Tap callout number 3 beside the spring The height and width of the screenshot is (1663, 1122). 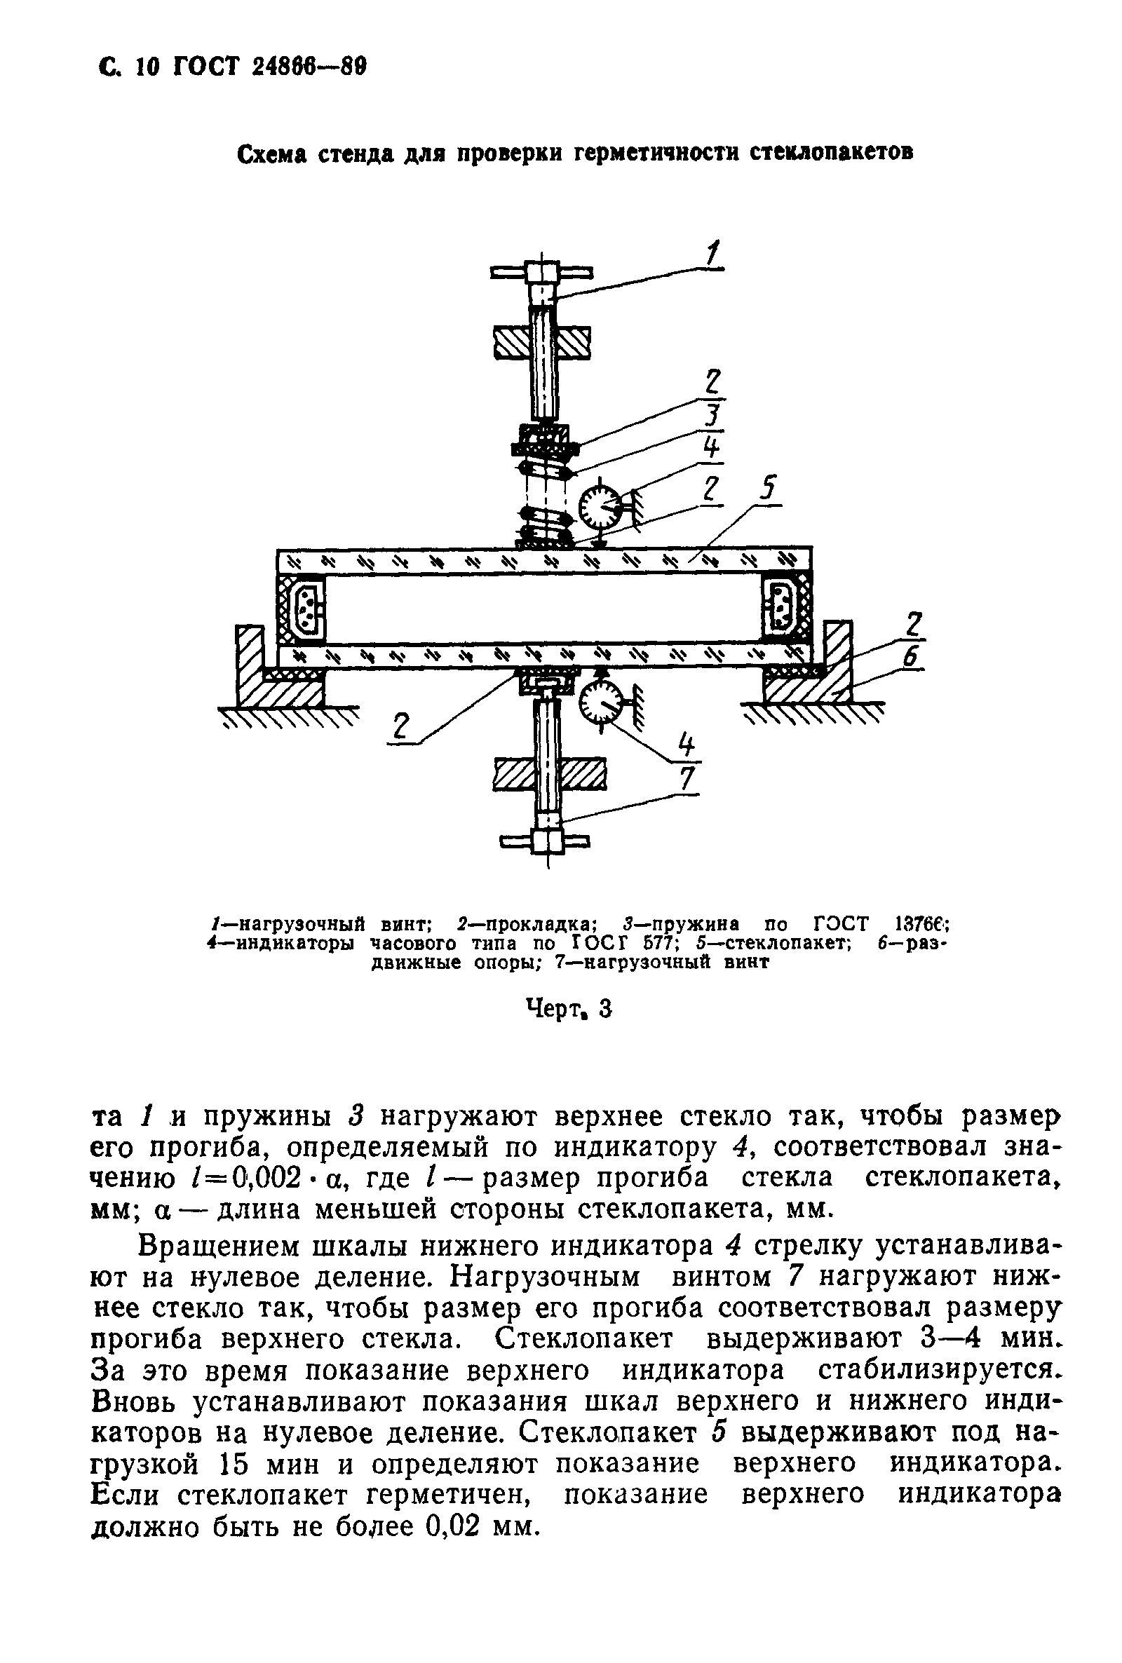(712, 416)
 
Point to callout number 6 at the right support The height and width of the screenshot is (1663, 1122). (910, 657)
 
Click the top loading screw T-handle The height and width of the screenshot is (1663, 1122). (541, 273)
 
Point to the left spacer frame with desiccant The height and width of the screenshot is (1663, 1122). (303, 606)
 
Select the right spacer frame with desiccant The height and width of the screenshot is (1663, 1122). (785, 606)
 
